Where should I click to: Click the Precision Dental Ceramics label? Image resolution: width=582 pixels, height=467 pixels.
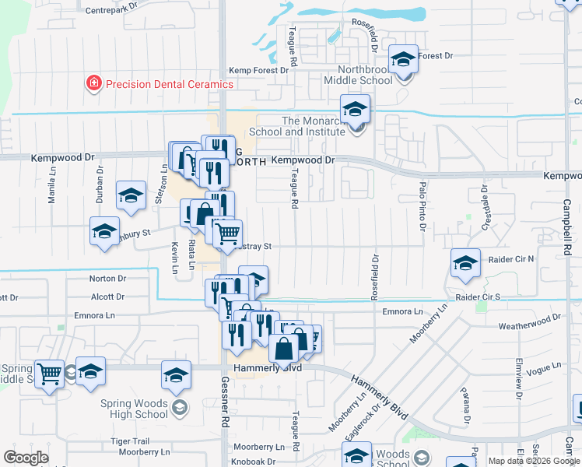(x=169, y=84)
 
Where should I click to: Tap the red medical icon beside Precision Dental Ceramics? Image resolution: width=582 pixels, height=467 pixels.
(x=94, y=83)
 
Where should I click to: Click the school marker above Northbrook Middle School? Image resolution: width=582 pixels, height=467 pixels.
(x=403, y=61)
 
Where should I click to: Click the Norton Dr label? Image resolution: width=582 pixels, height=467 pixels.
(x=107, y=279)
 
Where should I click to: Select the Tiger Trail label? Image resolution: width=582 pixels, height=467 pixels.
(x=129, y=441)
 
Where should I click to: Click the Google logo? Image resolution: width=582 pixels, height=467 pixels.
(x=26, y=458)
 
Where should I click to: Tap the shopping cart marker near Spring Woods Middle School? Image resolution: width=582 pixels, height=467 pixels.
(x=50, y=373)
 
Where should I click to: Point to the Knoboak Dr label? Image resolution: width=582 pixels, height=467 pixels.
(x=254, y=462)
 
